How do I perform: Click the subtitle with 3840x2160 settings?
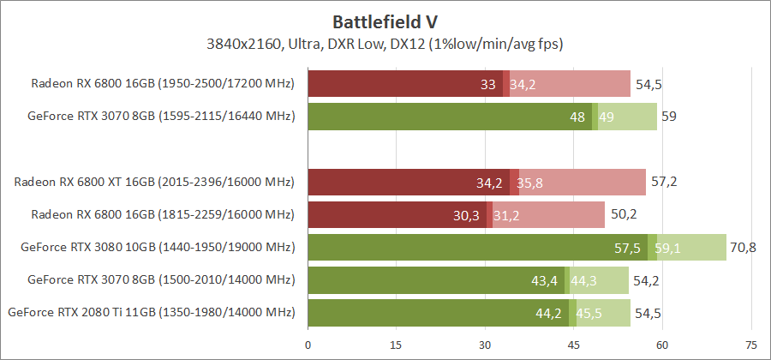tap(385, 43)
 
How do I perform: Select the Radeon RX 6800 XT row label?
tap(154, 182)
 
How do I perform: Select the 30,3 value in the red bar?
tap(469, 215)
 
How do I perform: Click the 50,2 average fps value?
tap(623, 215)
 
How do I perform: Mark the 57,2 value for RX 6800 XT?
tap(664, 183)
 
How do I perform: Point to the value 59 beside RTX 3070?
tap(669, 117)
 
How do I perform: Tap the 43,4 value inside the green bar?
tap(546, 280)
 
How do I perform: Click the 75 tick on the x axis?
tap(751, 345)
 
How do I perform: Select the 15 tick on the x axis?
tap(396, 345)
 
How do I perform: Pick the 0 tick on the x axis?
tap(308, 345)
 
